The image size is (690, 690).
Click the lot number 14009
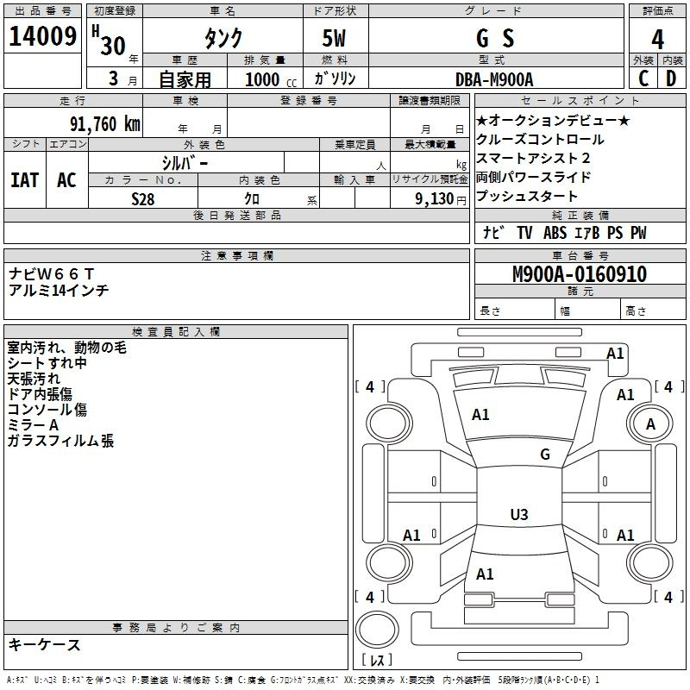point(42,36)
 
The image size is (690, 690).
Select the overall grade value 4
point(657,40)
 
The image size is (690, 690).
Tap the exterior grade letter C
point(643,78)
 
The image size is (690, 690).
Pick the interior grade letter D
point(671,78)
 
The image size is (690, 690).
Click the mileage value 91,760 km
point(105,123)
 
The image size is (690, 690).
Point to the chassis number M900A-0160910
point(580,273)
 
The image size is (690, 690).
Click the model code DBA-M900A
point(494,79)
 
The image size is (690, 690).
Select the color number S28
point(143,199)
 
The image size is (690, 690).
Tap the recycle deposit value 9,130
point(435,199)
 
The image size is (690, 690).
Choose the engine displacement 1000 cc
point(271,79)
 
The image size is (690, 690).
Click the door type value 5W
point(334,38)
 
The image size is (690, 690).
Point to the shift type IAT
point(25,180)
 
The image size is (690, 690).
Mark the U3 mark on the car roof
point(519,514)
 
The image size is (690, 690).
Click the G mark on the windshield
point(545,454)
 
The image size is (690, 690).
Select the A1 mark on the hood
point(480,415)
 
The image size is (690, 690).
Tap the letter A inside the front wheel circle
point(650,424)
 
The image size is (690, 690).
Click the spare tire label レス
point(377,660)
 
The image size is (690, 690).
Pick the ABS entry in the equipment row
point(555,232)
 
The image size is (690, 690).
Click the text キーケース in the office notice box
point(45,644)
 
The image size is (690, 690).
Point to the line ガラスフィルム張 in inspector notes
point(60,441)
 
